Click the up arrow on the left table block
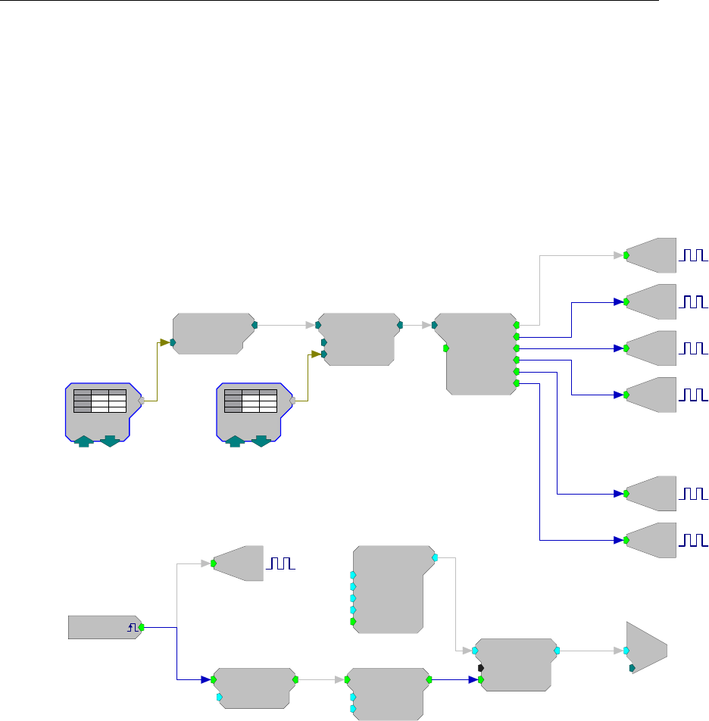pyautogui.click(x=84, y=441)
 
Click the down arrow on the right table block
pyautogui.click(x=261, y=441)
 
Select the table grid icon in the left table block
pyautogui.click(x=99, y=401)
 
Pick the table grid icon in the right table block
pyautogui.click(x=251, y=401)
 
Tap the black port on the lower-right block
pyautogui.click(x=481, y=668)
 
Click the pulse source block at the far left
pyautogui.click(x=102, y=627)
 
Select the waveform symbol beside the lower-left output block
pyautogui.click(x=280, y=563)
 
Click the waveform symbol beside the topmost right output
pyautogui.click(x=695, y=255)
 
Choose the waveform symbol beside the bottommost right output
pyautogui.click(x=695, y=540)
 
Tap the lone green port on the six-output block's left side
pyautogui.click(x=446, y=348)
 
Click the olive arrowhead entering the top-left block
pyautogui.click(x=167, y=342)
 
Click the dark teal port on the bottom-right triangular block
pyautogui.click(x=632, y=668)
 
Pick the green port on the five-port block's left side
pyautogui.click(x=353, y=621)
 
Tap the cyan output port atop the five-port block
pyautogui.click(x=435, y=557)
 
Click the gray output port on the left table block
pyautogui.click(x=141, y=401)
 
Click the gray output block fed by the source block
pyautogui.click(x=239, y=563)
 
